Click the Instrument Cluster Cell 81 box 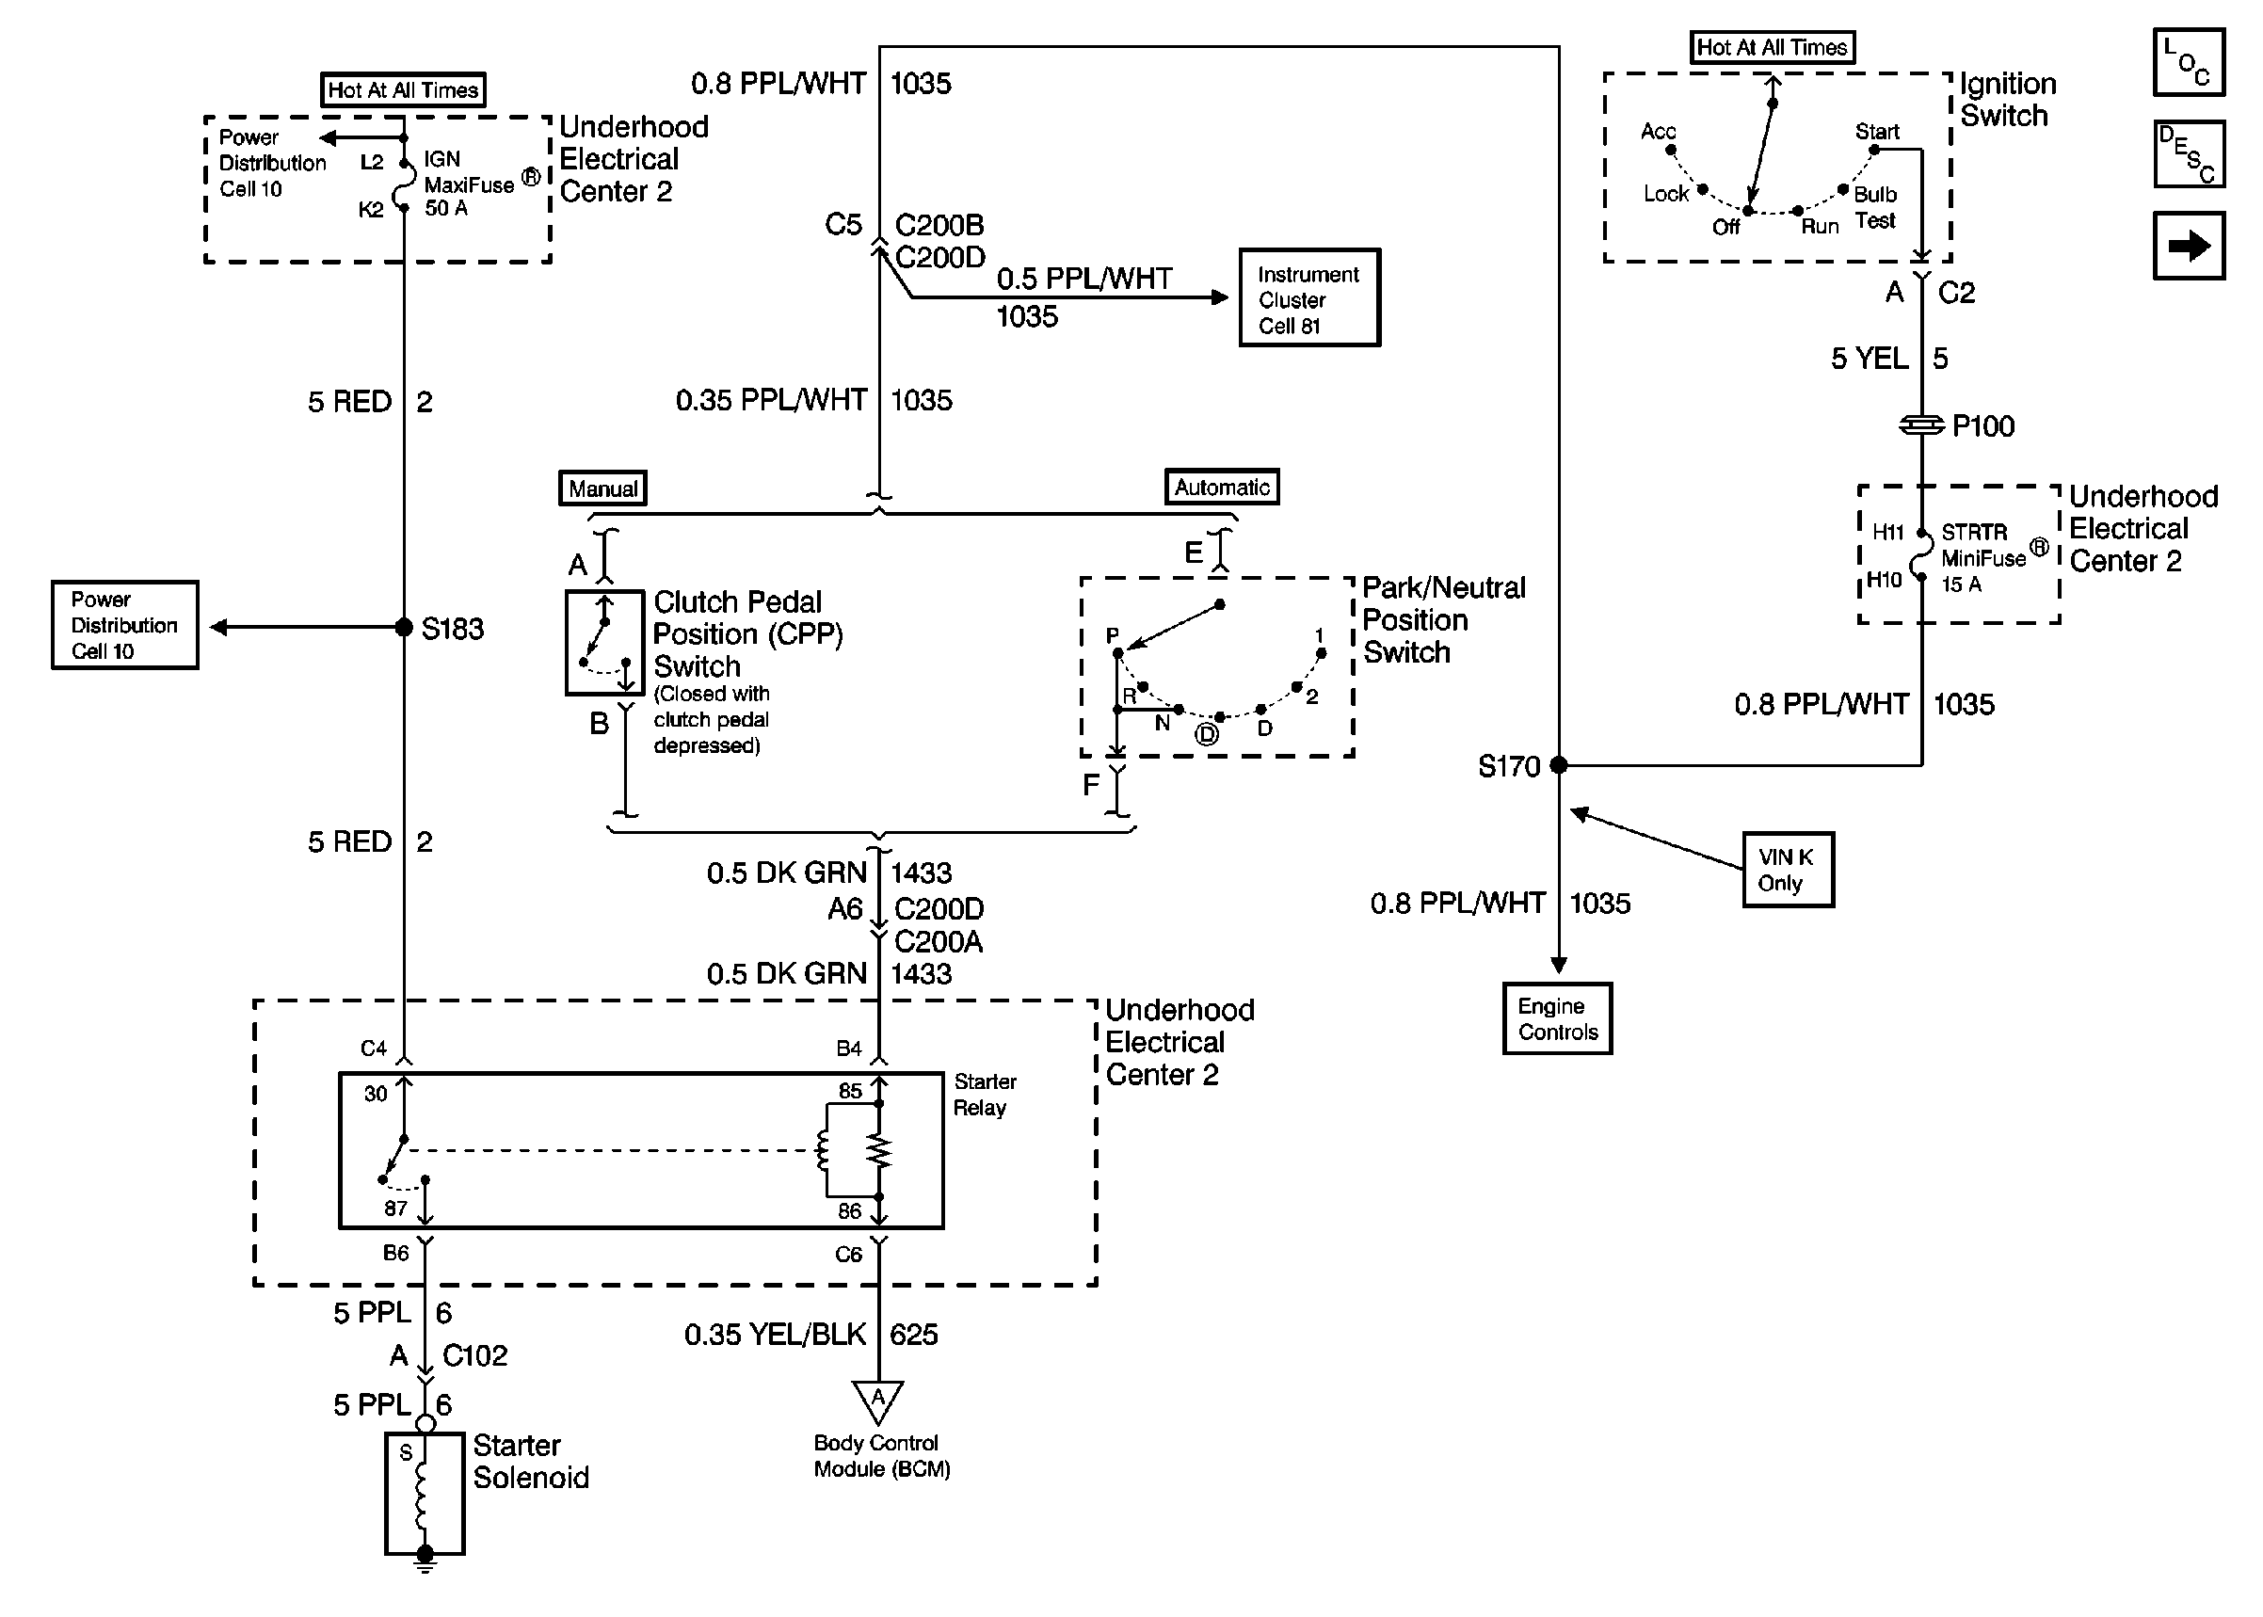(1308, 297)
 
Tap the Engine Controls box (1556, 1018)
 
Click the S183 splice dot (403, 626)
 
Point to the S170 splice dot (1558, 764)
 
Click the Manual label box (602, 488)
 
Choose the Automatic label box (1222, 487)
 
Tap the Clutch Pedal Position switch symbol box (604, 643)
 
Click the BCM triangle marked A (877, 1400)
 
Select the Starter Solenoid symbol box (425, 1492)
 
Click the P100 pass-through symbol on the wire (1920, 425)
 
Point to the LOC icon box (2188, 62)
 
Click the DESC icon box (2188, 153)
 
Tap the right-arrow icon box (2188, 245)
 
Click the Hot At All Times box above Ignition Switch (1772, 47)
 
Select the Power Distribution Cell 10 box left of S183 (124, 625)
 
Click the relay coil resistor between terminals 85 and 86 (878, 1151)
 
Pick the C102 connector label (474, 1355)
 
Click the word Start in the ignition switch (1876, 132)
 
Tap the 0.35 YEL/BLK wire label (775, 1335)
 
